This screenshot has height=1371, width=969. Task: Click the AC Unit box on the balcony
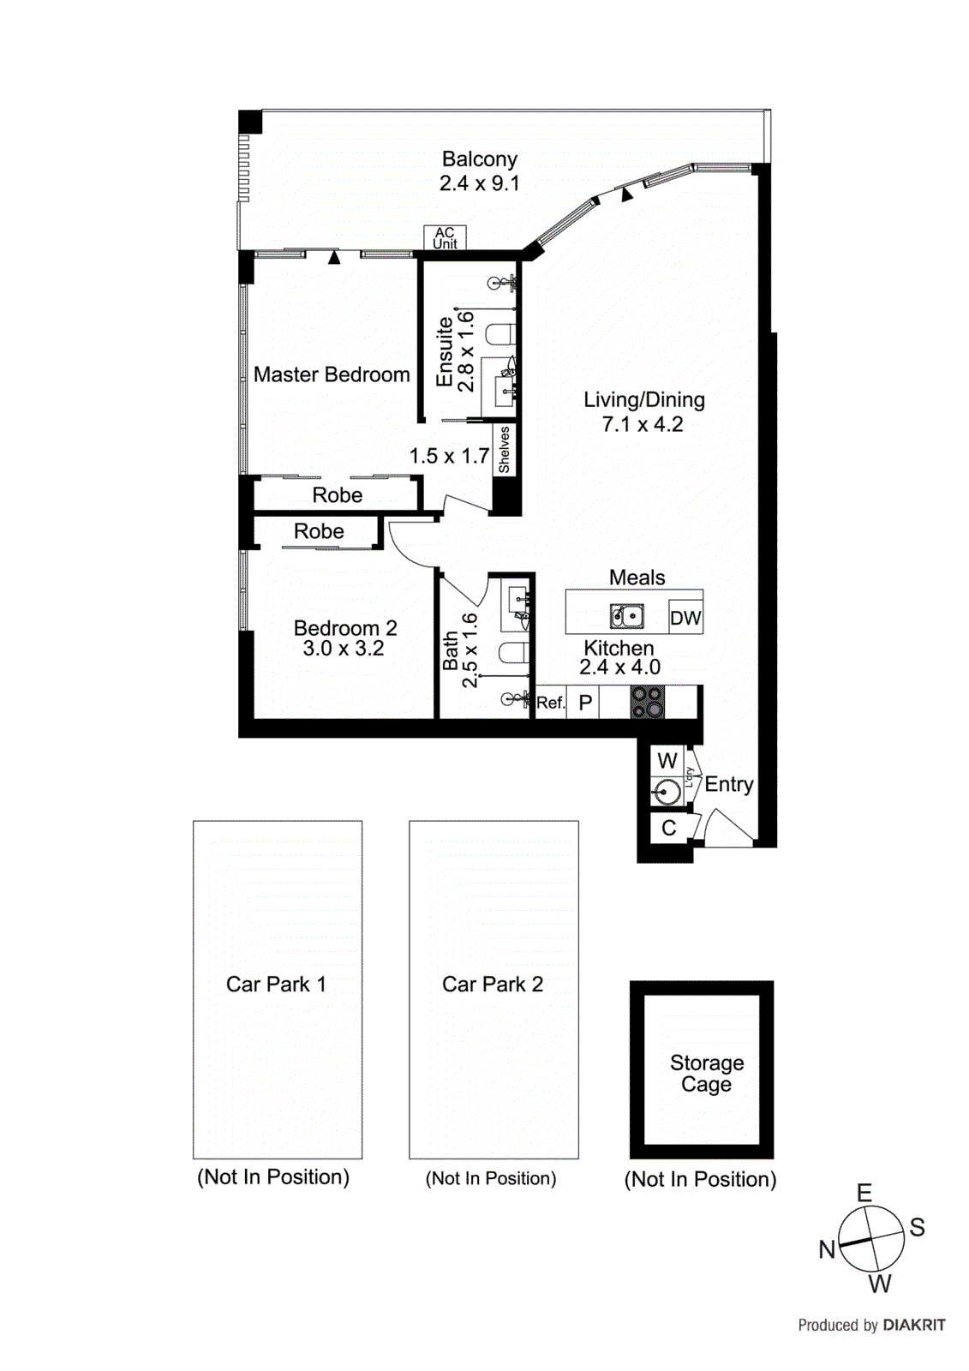tap(445, 237)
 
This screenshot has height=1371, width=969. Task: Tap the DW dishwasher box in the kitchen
tap(685, 618)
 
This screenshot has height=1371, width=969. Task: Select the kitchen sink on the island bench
tap(627, 616)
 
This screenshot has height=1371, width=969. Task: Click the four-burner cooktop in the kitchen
tap(648, 702)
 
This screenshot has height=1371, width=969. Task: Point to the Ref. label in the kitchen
tap(550, 703)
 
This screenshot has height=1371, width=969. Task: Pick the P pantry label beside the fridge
tap(585, 703)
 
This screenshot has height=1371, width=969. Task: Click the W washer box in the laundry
tap(667, 761)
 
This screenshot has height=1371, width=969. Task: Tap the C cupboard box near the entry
tap(669, 828)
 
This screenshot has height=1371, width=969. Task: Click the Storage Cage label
tap(706, 1073)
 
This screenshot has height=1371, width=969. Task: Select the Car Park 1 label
tap(276, 985)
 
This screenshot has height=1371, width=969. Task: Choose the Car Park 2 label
tap(493, 985)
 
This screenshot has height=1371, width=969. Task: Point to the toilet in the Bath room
tap(513, 653)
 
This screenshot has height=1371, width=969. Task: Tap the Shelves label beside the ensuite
tap(505, 450)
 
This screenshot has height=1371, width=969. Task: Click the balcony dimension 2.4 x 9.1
tap(479, 183)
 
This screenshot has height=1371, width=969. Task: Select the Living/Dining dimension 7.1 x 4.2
tap(643, 424)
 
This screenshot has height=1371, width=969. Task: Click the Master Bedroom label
tap(332, 374)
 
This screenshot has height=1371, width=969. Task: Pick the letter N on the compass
tap(827, 1250)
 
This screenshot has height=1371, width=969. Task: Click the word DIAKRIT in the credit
tap(914, 1326)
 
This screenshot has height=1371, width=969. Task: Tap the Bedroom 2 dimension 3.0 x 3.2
tap(344, 649)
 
